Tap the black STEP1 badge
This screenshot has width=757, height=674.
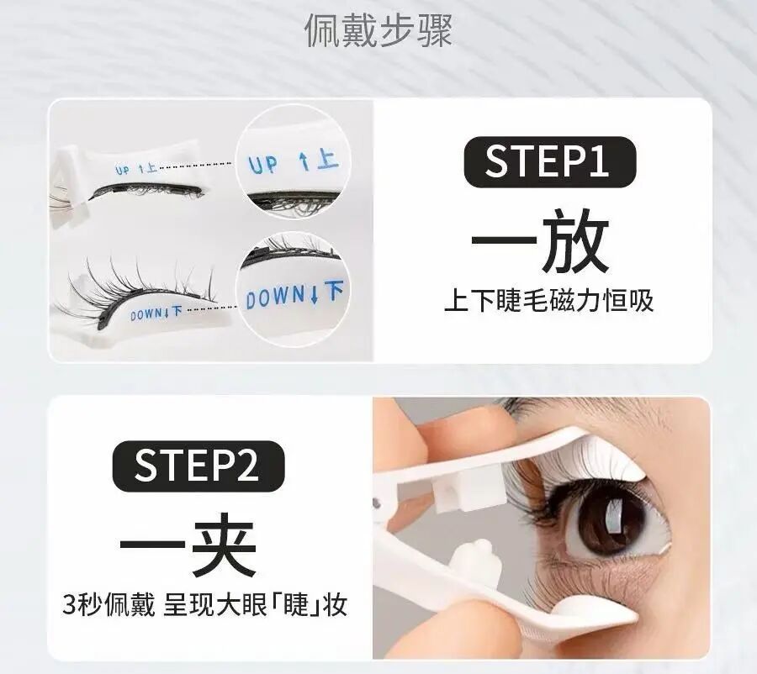tap(547, 161)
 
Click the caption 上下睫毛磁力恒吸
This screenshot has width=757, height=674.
tap(548, 300)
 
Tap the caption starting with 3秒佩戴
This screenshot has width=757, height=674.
tap(205, 604)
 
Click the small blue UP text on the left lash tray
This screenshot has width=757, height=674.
tap(135, 170)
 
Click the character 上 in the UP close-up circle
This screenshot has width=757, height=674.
tap(328, 160)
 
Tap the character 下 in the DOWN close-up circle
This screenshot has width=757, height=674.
tap(334, 292)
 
